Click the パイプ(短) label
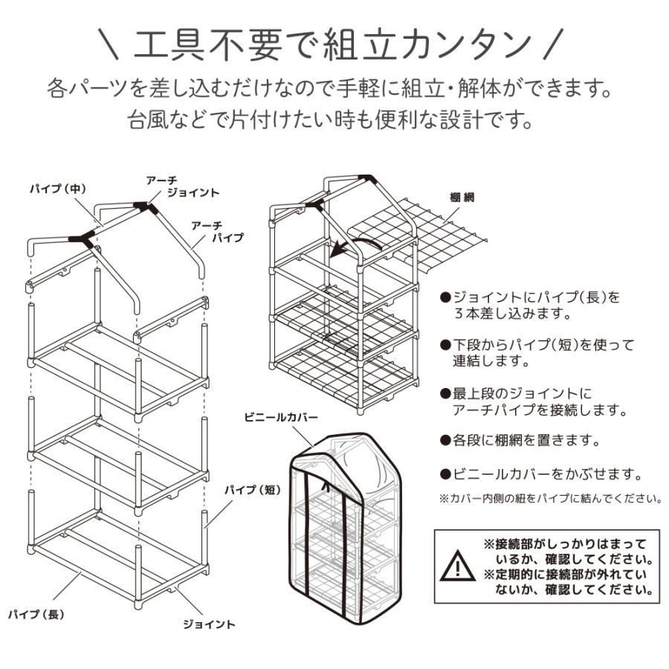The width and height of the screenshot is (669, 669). [252, 489]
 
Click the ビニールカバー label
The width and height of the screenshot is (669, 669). [280, 418]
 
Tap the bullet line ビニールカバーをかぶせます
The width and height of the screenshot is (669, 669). [540, 474]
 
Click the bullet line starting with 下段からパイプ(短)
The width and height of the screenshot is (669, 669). [537, 353]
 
